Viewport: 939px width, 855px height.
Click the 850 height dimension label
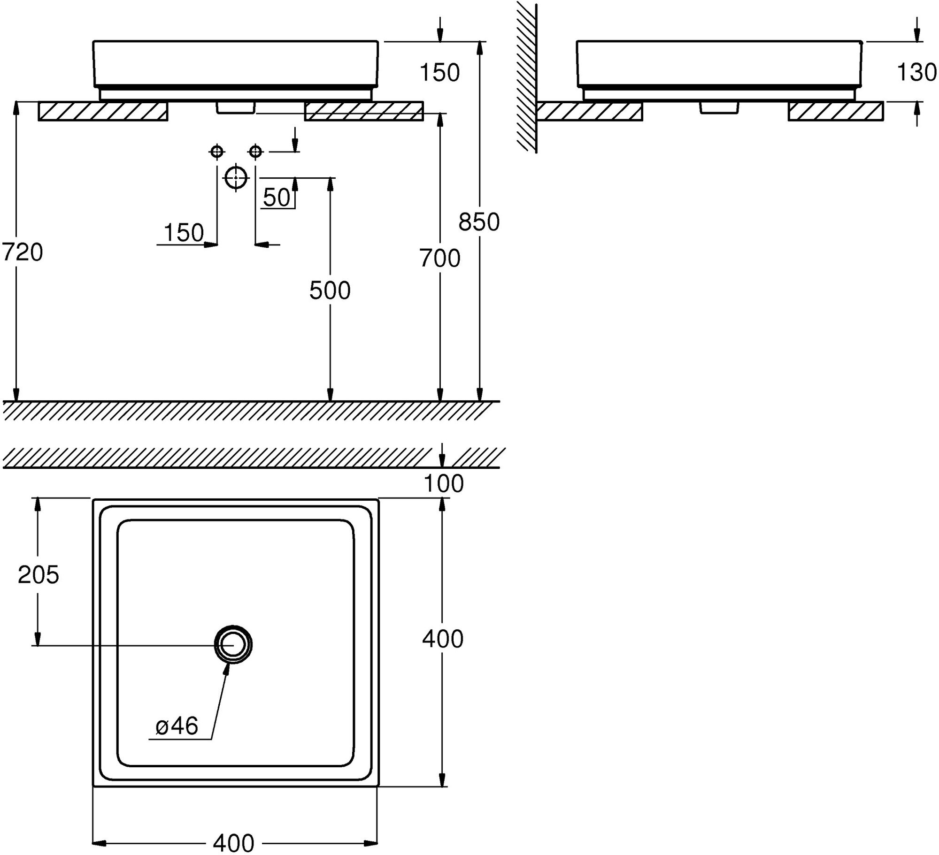click(479, 222)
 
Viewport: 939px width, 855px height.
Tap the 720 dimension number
click(22, 252)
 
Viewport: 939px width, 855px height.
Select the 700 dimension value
click(439, 259)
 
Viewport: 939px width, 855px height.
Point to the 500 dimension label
click(330, 291)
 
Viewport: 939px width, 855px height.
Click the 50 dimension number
click(277, 198)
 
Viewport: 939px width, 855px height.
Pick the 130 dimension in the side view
click(916, 73)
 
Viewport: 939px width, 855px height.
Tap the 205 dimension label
click(38, 574)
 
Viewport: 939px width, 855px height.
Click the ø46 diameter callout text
click(177, 726)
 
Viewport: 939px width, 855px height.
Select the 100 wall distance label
click(443, 483)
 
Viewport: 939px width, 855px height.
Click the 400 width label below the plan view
click(233, 843)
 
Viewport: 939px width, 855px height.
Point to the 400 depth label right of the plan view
click(442, 639)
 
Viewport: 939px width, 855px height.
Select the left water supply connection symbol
click(216, 152)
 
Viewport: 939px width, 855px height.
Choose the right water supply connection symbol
click(255, 152)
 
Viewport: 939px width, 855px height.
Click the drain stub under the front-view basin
click(236, 107)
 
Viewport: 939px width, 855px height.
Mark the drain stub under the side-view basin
click(718, 107)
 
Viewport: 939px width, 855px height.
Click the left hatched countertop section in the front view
click(103, 111)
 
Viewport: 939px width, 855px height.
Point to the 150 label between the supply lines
click(184, 233)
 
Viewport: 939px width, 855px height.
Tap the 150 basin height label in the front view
click(439, 73)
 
